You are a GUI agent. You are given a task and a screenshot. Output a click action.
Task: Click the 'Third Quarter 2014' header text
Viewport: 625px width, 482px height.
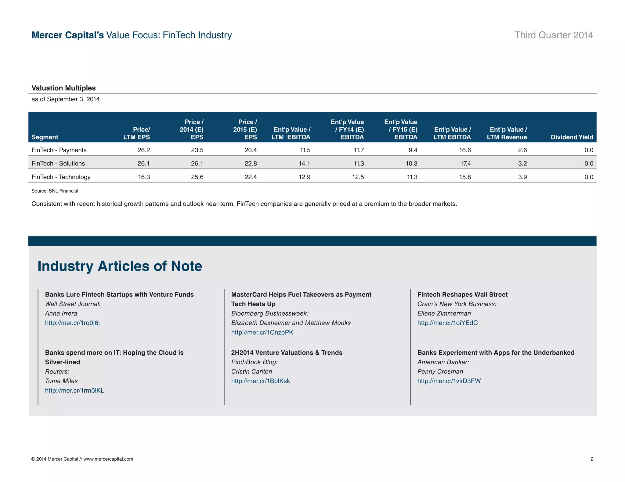click(x=554, y=35)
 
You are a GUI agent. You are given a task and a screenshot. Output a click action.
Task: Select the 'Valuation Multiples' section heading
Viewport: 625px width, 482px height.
click(x=63, y=88)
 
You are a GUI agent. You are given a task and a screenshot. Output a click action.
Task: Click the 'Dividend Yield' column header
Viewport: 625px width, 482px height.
click(x=572, y=137)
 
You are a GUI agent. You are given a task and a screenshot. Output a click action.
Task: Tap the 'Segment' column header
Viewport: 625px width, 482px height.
click(x=45, y=137)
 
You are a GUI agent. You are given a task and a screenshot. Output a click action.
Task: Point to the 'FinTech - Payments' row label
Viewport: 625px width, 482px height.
click(x=59, y=150)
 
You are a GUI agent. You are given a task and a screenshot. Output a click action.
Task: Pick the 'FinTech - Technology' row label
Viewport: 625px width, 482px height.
click(x=61, y=177)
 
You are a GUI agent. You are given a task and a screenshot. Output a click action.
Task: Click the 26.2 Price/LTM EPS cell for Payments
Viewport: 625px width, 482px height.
click(x=143, y=150)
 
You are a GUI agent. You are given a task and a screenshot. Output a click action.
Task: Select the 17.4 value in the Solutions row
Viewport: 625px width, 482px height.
click(x=465, y=163)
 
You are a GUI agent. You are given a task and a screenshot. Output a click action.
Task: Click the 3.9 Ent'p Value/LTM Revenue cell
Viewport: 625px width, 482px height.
click(x=522, y=177)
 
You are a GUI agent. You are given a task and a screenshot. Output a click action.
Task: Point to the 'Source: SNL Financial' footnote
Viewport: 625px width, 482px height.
click(x=55, y=191)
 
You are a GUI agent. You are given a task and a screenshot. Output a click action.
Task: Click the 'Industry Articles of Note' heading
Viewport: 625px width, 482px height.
click(x=120, y=266)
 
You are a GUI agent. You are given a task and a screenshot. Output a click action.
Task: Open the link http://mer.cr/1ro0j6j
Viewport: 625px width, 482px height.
click(x=72, y=323)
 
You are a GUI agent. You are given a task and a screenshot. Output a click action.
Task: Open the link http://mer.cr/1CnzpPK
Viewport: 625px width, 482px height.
click(x=262, y=332)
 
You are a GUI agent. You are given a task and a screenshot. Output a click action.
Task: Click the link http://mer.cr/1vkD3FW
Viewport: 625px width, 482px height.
click(x=449, y=381)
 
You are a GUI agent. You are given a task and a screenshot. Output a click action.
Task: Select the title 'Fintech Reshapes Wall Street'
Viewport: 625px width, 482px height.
click(x=462, y=294)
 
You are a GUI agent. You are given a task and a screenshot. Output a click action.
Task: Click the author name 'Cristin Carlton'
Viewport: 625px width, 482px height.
click(x=251, y=371)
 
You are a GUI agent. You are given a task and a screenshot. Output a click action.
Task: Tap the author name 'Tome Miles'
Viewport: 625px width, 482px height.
click(x=61, y=381)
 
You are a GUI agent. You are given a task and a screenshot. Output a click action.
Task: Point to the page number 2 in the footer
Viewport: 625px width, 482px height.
click(x=592, y=459)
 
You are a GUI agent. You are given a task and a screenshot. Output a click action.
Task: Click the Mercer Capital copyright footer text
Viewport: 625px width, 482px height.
click(x=82, y=459)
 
